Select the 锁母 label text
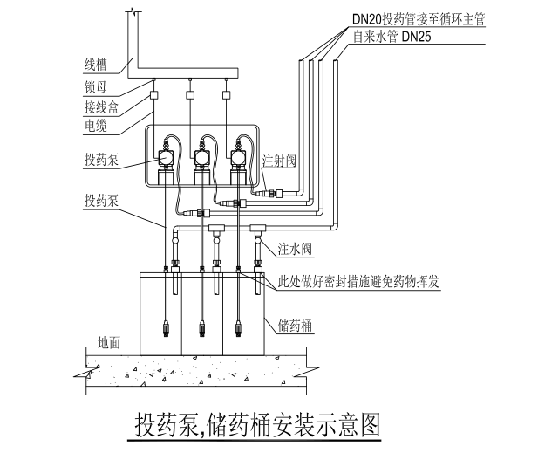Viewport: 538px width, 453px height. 97,87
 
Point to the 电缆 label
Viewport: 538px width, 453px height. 97,127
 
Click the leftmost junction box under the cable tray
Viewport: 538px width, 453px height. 153,95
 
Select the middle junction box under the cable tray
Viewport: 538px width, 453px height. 190,95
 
